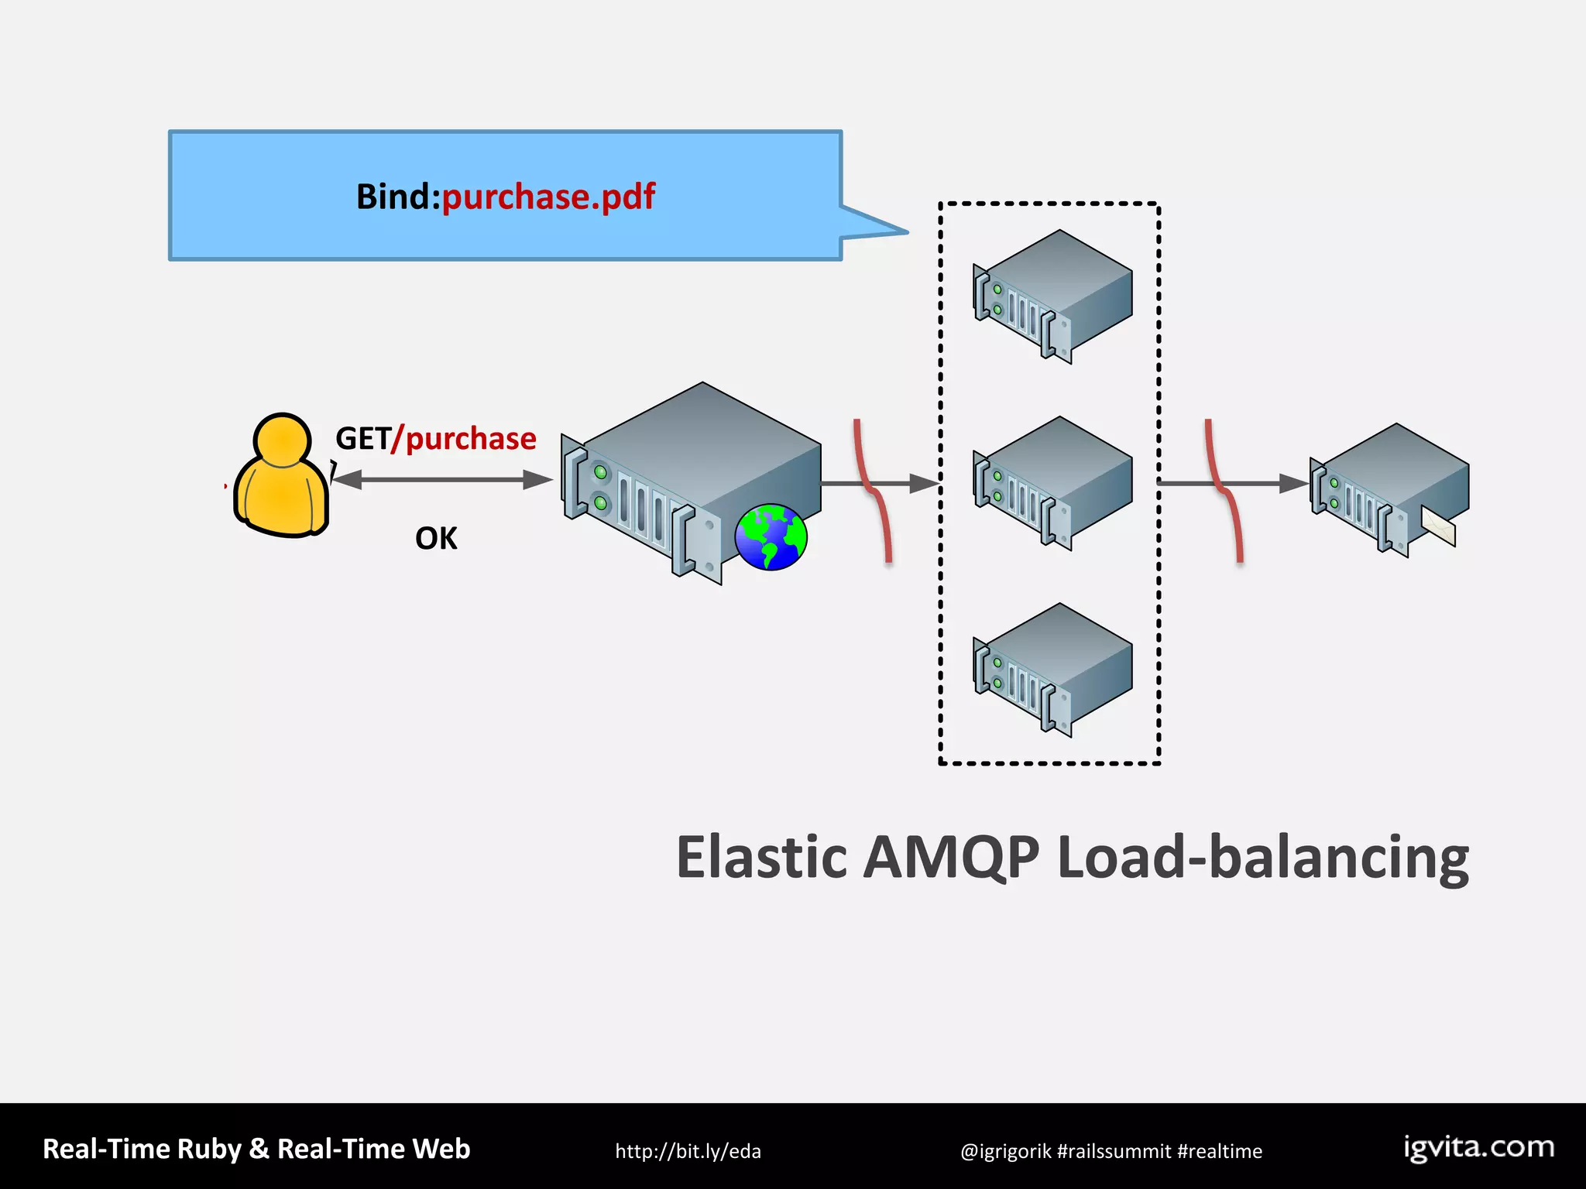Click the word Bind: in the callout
click(397, 197)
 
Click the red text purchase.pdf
click(548, 197)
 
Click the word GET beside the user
click(362, 439)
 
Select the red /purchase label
click(465, 439)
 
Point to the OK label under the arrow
click(436, 539)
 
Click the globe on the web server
click(771, 536)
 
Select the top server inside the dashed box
click(1053, 296)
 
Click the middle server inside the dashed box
click(1053, 483)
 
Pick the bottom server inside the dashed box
click(1053, 670)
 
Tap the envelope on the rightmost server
click(1439, 526)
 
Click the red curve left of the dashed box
click(874, 491)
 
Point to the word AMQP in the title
click(951, 858)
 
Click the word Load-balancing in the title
click(1262, 858)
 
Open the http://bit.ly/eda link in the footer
click(688, 1151)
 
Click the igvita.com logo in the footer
click(1479, 1147)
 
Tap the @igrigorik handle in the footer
click(1005, 1151)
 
